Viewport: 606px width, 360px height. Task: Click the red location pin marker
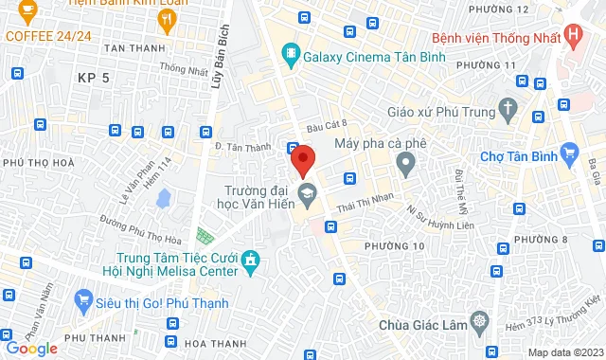coord(302,160)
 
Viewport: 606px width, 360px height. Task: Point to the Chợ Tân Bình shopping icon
coord(569,153)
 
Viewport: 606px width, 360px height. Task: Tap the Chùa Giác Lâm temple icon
coord(480,324)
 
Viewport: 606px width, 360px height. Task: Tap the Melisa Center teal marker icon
coord(250,259)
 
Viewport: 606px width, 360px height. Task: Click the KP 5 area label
coord(94,78)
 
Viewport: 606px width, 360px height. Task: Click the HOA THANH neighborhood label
coord(215,343)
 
